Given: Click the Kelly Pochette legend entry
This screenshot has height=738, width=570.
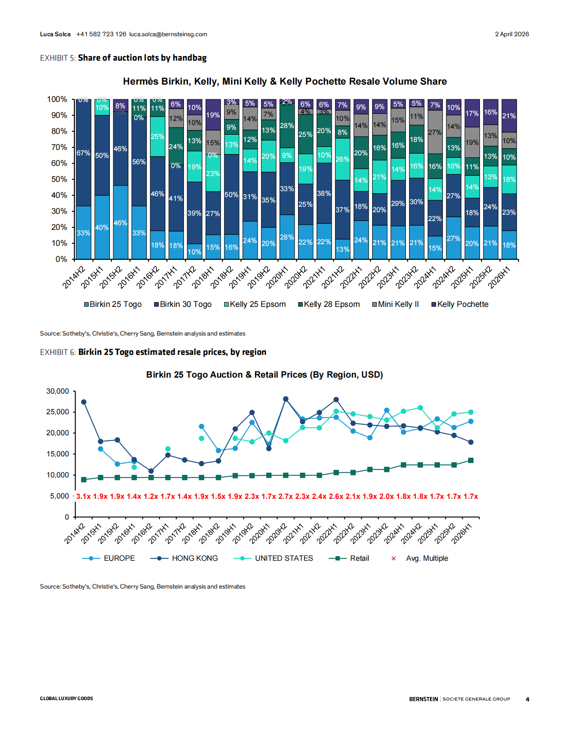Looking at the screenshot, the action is tap(460, 304).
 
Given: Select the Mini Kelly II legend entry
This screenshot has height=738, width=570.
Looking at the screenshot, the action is tap(395, 304).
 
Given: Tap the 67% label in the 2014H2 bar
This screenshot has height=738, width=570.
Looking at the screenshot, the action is tap(83, 153).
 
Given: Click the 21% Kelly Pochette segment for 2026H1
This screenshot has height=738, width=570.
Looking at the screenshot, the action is tap(509, 116).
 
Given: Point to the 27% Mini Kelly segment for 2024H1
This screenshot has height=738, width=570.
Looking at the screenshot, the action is tap(435, 132).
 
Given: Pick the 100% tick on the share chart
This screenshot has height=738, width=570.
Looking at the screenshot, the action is tap(57, 99).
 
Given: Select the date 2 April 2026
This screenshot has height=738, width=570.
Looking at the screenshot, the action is tap(512, 34).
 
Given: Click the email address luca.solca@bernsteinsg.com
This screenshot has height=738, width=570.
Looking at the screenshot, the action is tap(168, 34).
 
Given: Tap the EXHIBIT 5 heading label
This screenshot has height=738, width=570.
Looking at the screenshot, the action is tap(58, 58).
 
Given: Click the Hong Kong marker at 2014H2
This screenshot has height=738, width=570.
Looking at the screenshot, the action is tap(84, 402).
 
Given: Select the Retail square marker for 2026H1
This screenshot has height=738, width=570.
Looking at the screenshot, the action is tap(471, 461).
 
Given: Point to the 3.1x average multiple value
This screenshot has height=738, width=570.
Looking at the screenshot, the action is tap(83, 496).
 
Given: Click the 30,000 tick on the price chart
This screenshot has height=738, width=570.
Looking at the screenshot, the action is tap(58, 391).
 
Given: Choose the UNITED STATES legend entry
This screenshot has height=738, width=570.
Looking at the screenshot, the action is tap(273, 558).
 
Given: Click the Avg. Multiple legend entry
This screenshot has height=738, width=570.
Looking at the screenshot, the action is tap(420, 558).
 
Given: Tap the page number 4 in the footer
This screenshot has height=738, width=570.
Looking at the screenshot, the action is tap(527, 699).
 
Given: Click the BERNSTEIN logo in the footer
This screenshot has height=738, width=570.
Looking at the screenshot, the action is tap(424, 699).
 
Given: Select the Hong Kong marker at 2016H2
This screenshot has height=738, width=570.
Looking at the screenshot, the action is tap(151, 471).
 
